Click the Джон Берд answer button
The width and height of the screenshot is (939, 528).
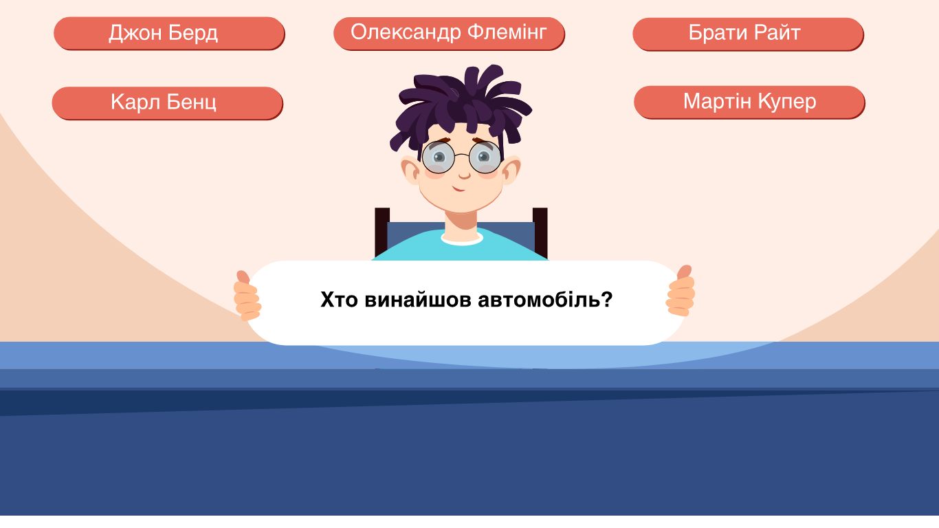169,34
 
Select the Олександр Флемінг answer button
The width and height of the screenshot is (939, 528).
449,34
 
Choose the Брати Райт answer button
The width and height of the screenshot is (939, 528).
749,34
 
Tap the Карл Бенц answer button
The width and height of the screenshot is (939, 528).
168,103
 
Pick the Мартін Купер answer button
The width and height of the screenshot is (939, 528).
749,102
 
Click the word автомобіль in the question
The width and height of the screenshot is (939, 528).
545,300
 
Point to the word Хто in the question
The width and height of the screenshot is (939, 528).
339,300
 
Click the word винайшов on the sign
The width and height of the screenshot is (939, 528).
418,300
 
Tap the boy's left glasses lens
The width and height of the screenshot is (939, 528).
438,157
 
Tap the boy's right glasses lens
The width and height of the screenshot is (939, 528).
485,157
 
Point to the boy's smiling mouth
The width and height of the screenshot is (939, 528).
459,189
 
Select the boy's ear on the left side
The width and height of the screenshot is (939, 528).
411,170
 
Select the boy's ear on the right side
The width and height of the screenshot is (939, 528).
511,170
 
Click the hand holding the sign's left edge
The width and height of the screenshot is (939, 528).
247,296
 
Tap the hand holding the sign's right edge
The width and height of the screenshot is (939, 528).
681,291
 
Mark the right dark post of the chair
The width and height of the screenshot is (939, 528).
540,233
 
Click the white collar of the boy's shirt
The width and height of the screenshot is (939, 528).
461,241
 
